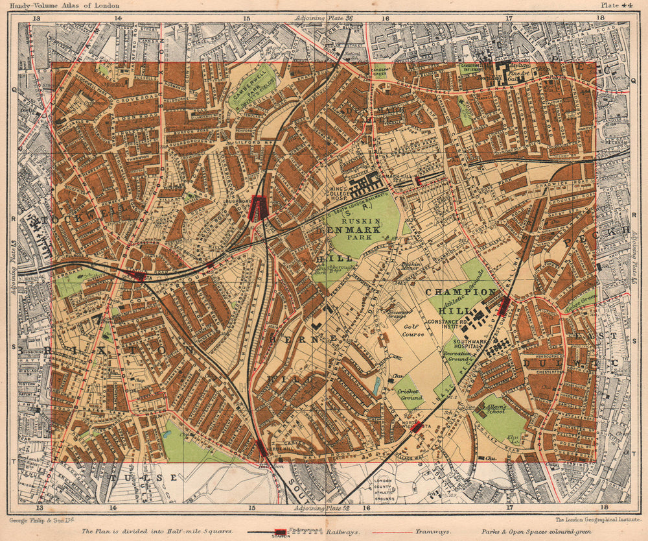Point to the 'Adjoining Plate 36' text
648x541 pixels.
click(x=322, y=18)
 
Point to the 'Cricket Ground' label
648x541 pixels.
click(x=410, y=394)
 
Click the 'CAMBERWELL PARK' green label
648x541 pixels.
click(x=251, y=90)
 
